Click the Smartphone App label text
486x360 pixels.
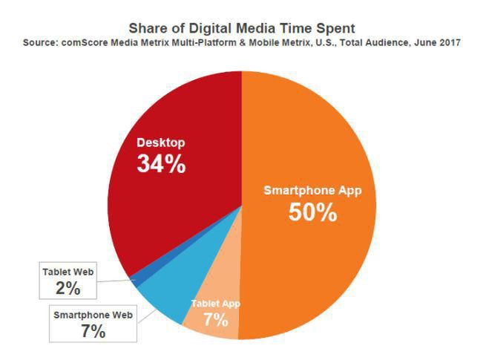[312, 190]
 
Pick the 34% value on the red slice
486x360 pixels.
[161, 164]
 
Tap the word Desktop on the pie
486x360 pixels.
[160, 143]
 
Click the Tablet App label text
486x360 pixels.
[215, 304]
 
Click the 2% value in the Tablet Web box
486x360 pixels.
[67, 288]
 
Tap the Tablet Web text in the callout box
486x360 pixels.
[67, 272]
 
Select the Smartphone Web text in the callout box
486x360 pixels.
[93, 315]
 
